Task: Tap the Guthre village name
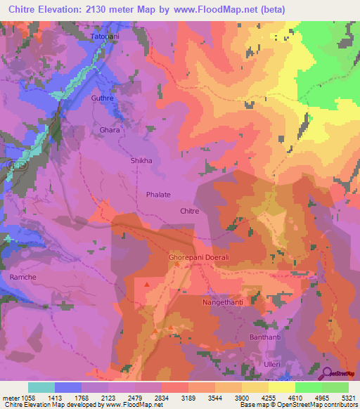coord(102,99)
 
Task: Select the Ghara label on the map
coord(109,130)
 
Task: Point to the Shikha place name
coord(141,161)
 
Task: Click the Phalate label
coord(158,194)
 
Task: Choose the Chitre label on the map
coord(190,211)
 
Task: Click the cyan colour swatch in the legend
coord(41,387)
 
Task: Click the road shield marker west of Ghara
coord(20,164)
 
